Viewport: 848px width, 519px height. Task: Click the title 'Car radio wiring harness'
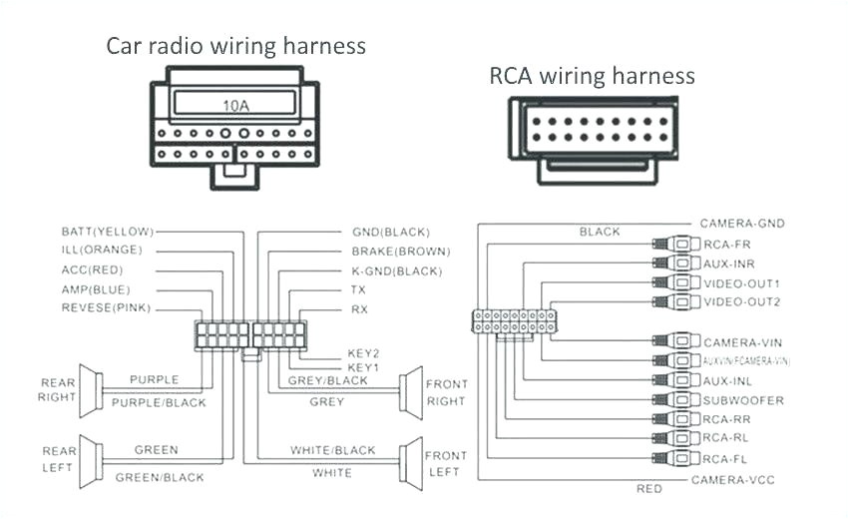click(x=236, y=46)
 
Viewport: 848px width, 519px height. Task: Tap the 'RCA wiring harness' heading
click(x=592, y=76)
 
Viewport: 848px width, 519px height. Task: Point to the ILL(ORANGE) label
click(x=102, y=250)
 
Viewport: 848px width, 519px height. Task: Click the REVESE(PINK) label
click(x=106, y=308)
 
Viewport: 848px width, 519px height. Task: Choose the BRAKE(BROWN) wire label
click(x=400, y=251)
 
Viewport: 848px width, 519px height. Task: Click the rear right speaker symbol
click(x=91, y=390)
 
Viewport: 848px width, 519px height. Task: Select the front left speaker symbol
click(x=410, y=460)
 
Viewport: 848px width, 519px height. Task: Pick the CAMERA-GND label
click(x=739, y=224)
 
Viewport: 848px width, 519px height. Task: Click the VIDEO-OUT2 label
click(x=742, y=301)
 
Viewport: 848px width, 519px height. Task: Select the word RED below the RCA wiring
click(x=648, y=489)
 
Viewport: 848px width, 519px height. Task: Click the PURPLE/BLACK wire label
click(x=159, y=402)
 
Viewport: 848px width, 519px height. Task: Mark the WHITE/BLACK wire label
click(x=332, y=450)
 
